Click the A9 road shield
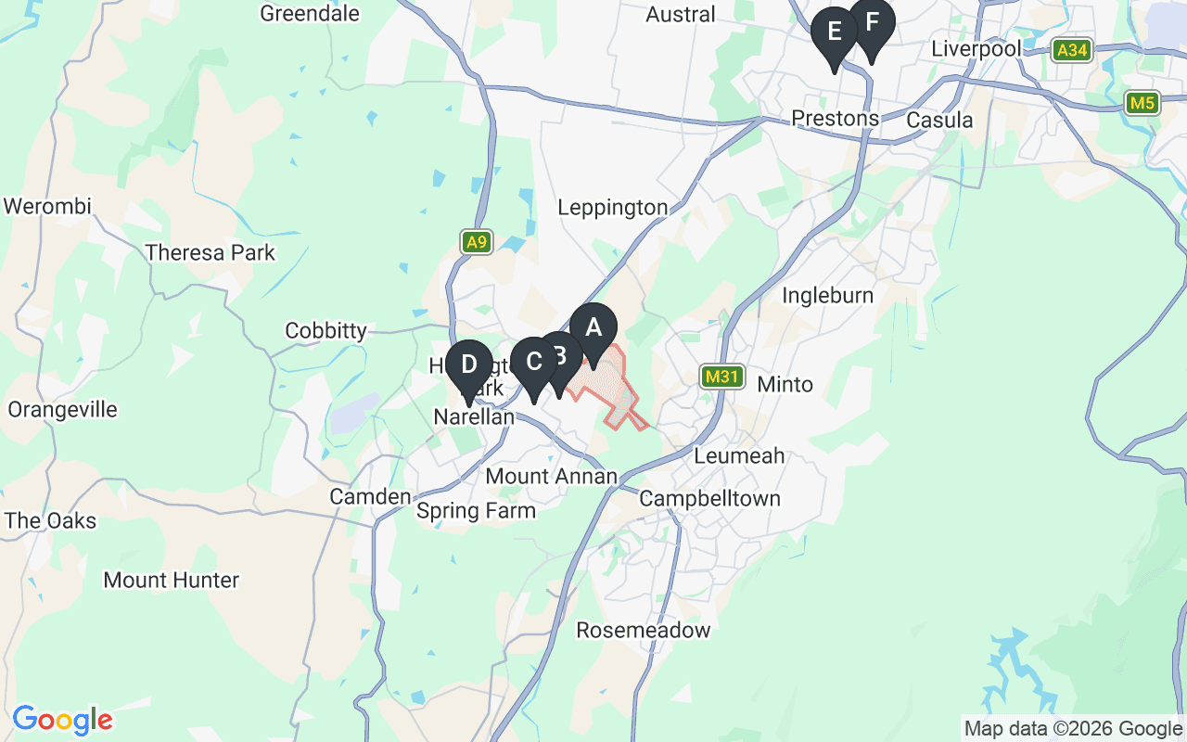476,243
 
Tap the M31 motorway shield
721,377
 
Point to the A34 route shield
1073,50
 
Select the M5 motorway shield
1142,102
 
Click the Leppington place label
612,208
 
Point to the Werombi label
47,206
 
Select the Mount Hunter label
172,581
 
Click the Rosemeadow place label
644,631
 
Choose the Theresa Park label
211,252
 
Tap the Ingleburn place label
828,296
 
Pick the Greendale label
310,13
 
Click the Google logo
62,720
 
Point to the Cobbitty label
325,331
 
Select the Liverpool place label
976,48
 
